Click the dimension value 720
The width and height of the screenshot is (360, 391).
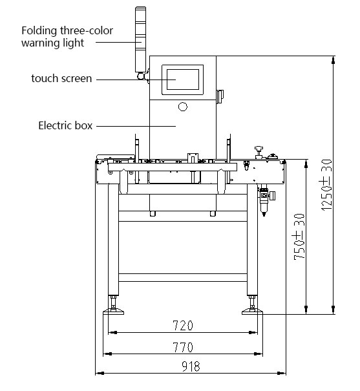(183, 326)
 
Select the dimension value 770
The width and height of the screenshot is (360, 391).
(183, 347)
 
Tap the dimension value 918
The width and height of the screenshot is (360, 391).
(191, 366)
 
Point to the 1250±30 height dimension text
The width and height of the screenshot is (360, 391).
(326, 185)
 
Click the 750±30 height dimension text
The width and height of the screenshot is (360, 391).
(299, 237)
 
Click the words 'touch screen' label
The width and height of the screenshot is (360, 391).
(61, 79)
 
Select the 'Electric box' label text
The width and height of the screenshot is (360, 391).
(65, 125)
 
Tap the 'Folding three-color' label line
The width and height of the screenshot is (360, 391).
(67, 30)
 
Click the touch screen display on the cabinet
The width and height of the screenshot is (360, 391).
(183, 79)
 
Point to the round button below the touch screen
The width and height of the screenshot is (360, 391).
(183, 107)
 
